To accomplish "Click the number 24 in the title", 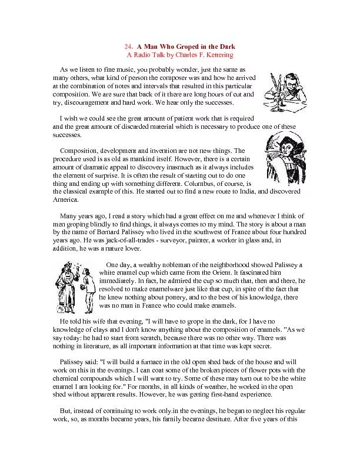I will tap(128, 46).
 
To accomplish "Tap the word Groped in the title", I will tap(186, 46).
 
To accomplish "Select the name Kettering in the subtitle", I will tap(218, 55).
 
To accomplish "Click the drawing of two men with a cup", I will tap(74, 287).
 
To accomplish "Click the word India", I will tap(244, 192).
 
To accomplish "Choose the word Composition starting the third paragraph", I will tap(80, 151).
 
